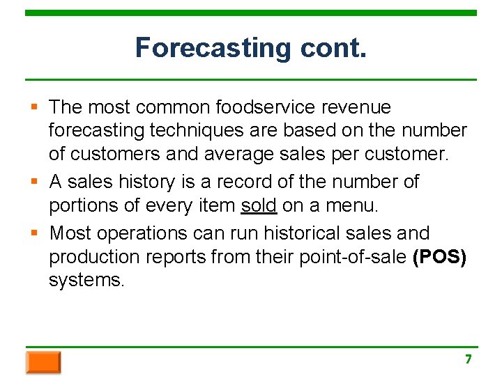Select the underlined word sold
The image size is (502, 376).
pyautogui.click(x=259, y=206)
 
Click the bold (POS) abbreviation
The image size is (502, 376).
pyautogui.click(x=439, y=257)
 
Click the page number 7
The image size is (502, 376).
pyautogui.click(x=469, y=359)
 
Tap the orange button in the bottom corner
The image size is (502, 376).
pyautogui.click(x=43, y=362)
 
